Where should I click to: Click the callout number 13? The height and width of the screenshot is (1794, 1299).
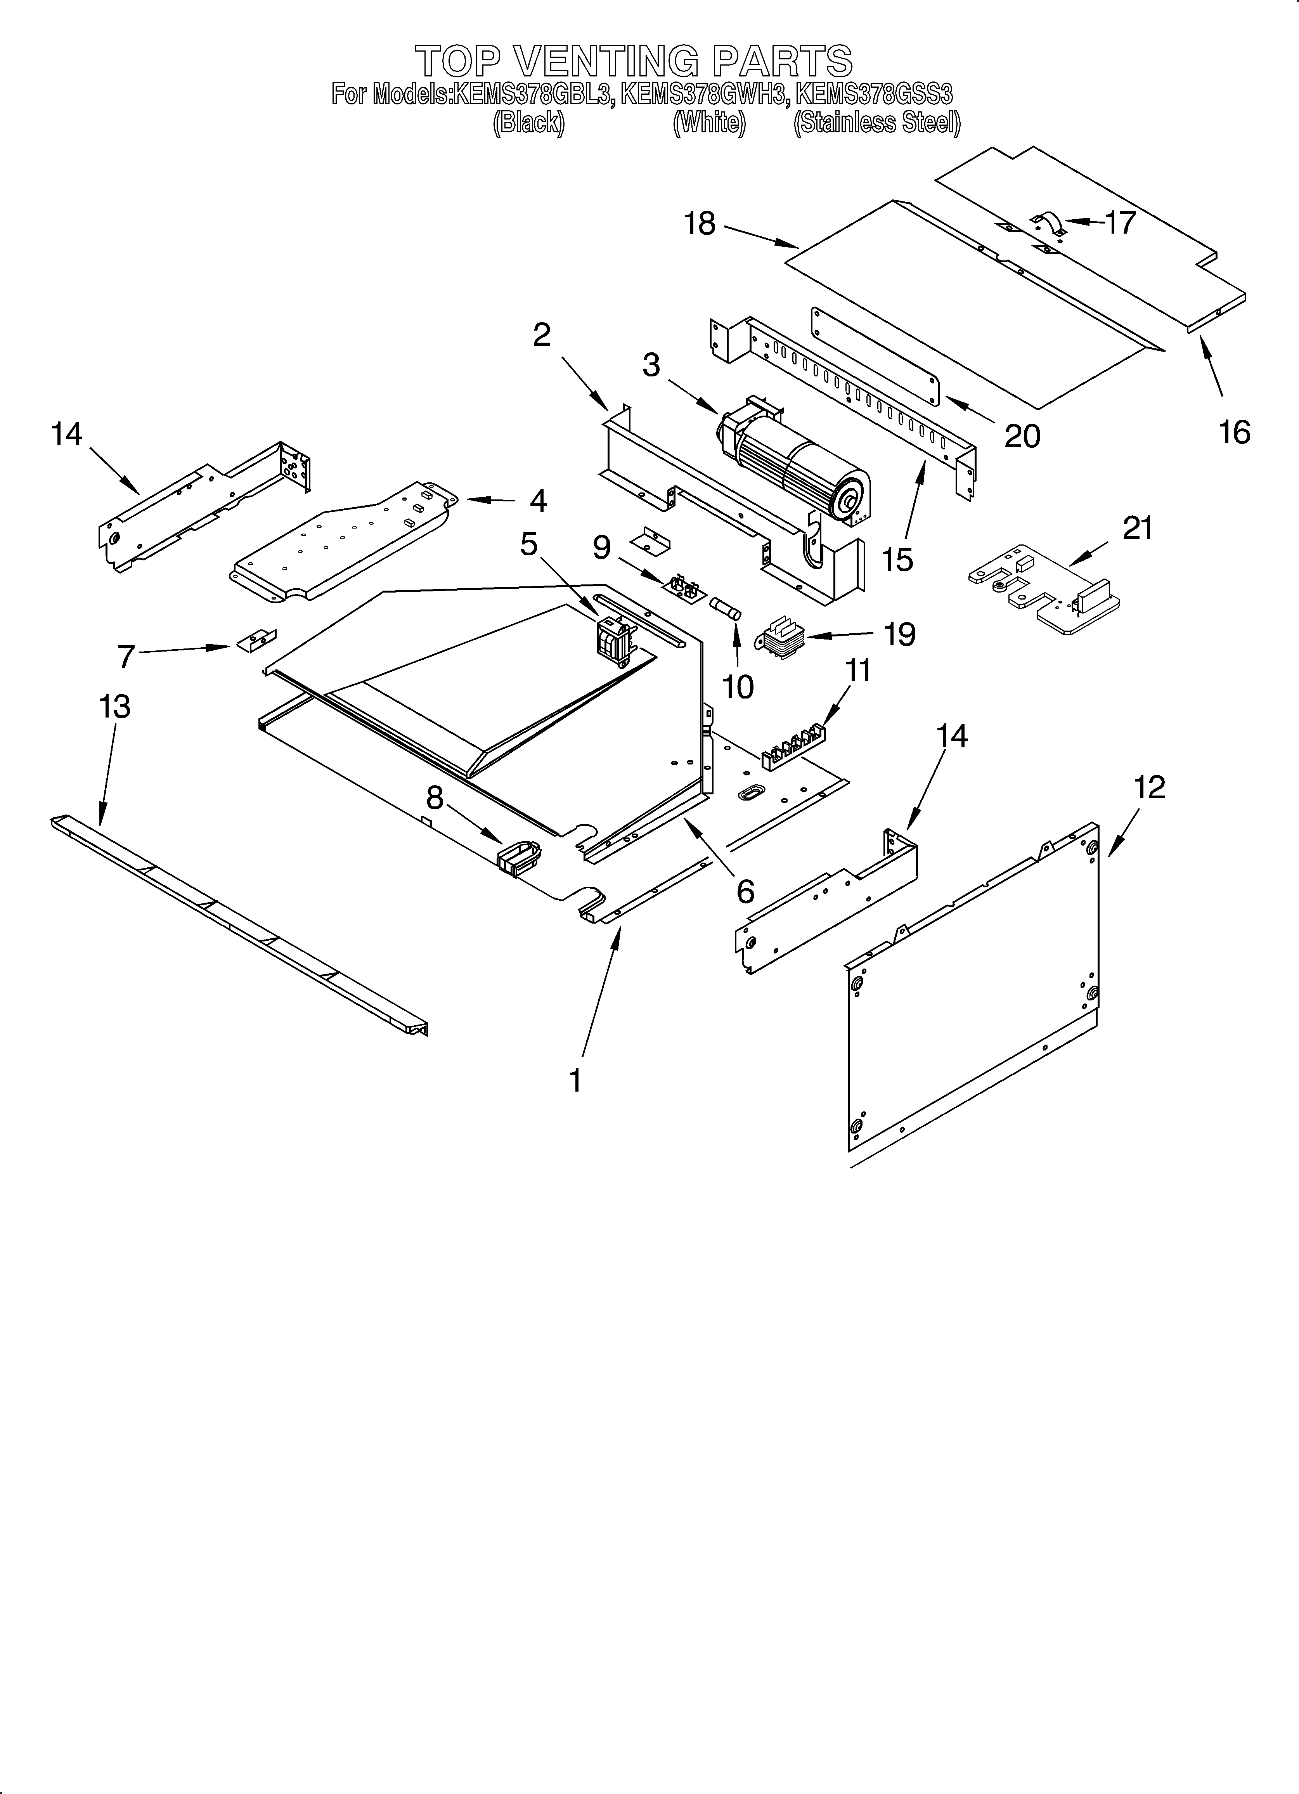pos(115,706)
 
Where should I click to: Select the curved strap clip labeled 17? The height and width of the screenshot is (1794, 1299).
pos(1048,225)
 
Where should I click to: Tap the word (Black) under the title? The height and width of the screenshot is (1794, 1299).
pos(528,123)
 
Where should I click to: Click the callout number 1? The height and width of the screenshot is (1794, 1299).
pos(575,1080)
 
